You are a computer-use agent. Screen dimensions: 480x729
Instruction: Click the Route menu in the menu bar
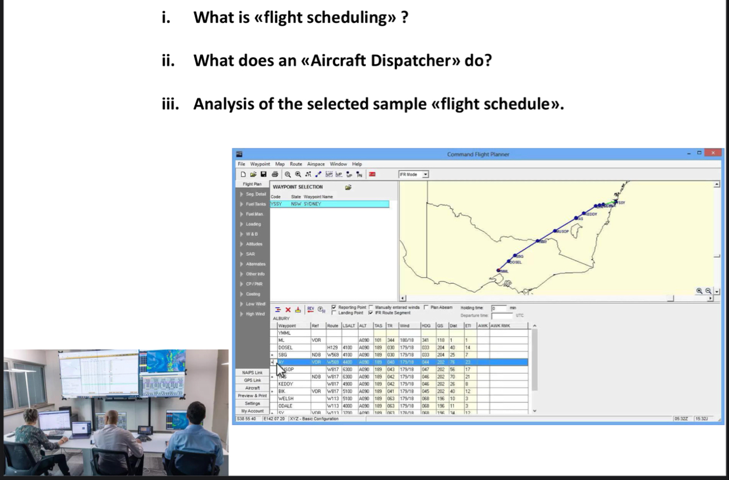tap(296, 164)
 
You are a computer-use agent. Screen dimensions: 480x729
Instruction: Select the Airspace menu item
tap(316, 164)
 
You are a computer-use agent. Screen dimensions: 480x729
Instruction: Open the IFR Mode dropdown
tap(426, 174)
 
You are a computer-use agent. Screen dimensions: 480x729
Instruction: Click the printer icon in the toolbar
tap(274, 174)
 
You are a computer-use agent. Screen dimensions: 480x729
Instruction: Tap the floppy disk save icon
tap(263, 174)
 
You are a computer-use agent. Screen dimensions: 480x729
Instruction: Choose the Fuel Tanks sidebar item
tap(255, 204)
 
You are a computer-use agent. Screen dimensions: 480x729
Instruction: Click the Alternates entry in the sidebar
tap(255, 264)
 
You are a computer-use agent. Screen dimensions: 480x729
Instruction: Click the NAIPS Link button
tap(252, 372)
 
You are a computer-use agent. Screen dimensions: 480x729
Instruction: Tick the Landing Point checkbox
tap(334, 313)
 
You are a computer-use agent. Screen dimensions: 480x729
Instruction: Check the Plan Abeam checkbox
tap(426, 307)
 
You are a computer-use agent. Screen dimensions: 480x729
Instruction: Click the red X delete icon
tap(288, 309)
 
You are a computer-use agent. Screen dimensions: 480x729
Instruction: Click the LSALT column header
tap(349, 326)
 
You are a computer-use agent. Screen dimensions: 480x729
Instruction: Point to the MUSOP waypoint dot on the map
tap(555, 231)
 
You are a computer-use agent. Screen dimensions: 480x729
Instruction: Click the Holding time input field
tap(499, 308)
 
